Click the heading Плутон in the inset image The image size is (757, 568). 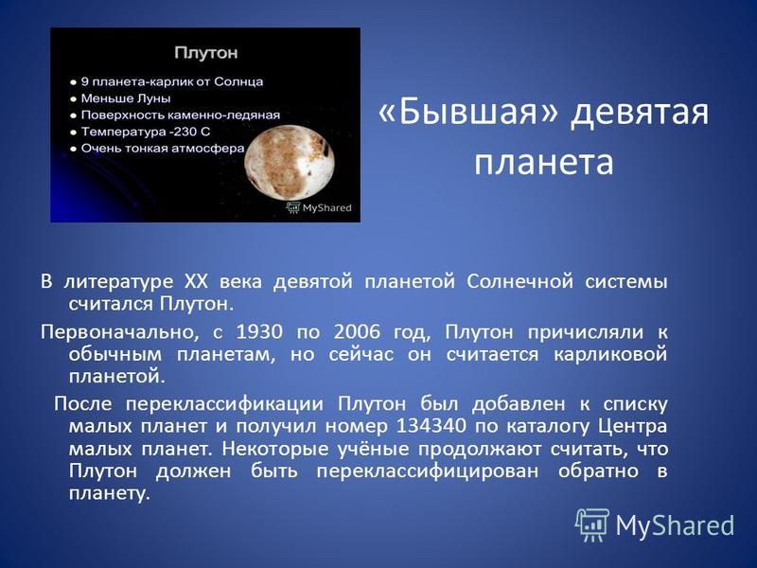click(205, 52)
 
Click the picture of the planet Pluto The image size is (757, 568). click(289, 162)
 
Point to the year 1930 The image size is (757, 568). click(258, 332)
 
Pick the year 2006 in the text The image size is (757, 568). click(357, 332)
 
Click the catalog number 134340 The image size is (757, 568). click(431, 426)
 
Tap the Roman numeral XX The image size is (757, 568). click(195, 281)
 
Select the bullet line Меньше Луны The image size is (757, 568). click(126, 98)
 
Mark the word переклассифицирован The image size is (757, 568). click(428, 471)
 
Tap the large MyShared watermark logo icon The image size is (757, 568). click(592, 524)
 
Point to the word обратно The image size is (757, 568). click(598, 470)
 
